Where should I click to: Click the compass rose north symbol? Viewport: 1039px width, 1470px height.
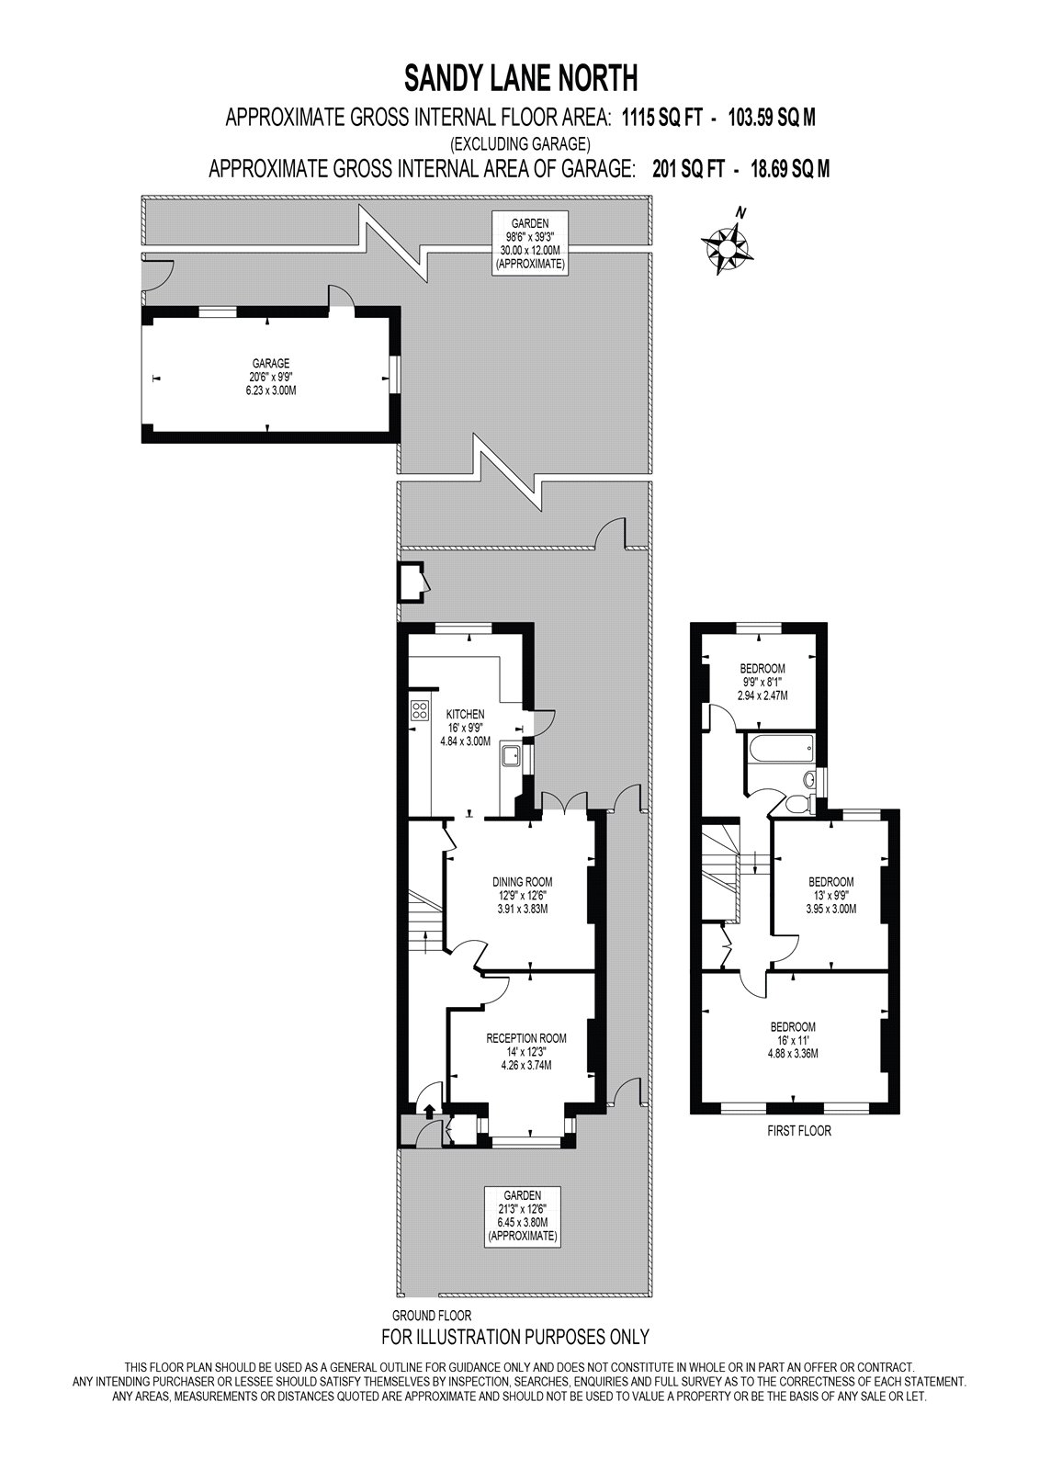726,244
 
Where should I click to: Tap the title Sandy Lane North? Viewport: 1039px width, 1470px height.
521,78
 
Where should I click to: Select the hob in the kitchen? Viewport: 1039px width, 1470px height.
420,709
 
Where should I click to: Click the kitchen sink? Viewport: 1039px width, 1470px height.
511,755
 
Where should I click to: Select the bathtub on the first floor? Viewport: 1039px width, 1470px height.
780,749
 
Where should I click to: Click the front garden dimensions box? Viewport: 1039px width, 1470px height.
522,1215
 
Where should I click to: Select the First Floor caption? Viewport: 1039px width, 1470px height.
798,1131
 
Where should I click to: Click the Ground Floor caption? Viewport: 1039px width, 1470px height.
431,1316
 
